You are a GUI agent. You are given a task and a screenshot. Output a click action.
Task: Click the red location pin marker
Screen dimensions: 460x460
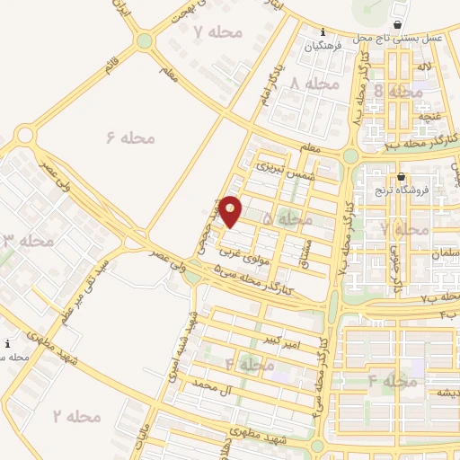pos(231,210)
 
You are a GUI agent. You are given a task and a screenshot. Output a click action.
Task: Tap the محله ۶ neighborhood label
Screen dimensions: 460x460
pos(130,137)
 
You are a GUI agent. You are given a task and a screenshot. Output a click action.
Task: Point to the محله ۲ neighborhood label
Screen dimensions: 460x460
pos(76,416)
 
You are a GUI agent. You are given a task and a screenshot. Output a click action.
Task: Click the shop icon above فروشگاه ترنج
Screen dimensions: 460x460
pos(400,176)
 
